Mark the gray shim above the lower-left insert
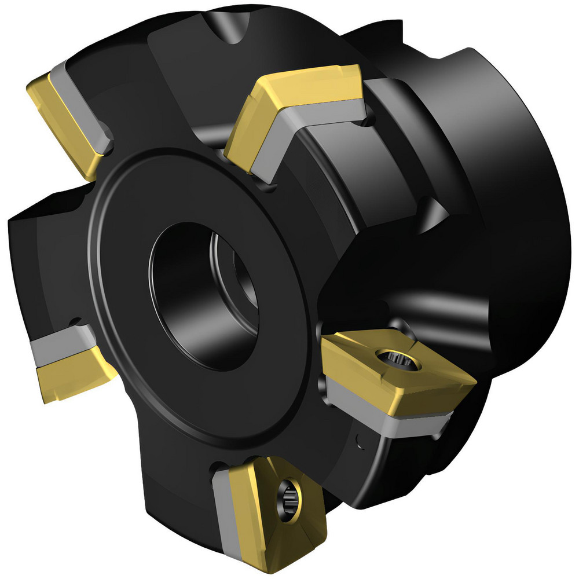[x=58, y=345]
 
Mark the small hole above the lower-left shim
[x=74, y=320]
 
